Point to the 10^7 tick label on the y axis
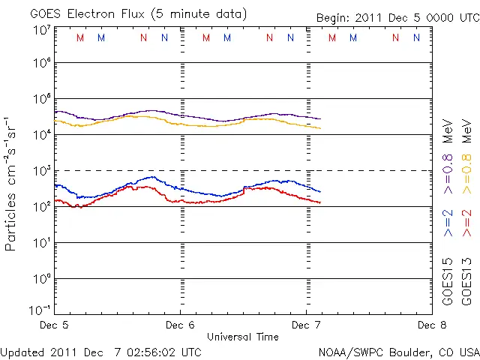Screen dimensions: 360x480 [x=41, y=30]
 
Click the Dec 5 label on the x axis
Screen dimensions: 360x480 [x=53, y=325]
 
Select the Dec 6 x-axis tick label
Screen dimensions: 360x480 [x=180, y=325]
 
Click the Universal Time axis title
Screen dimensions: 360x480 [x=242, y=337]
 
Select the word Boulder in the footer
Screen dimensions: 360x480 [x=409, y=351]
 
